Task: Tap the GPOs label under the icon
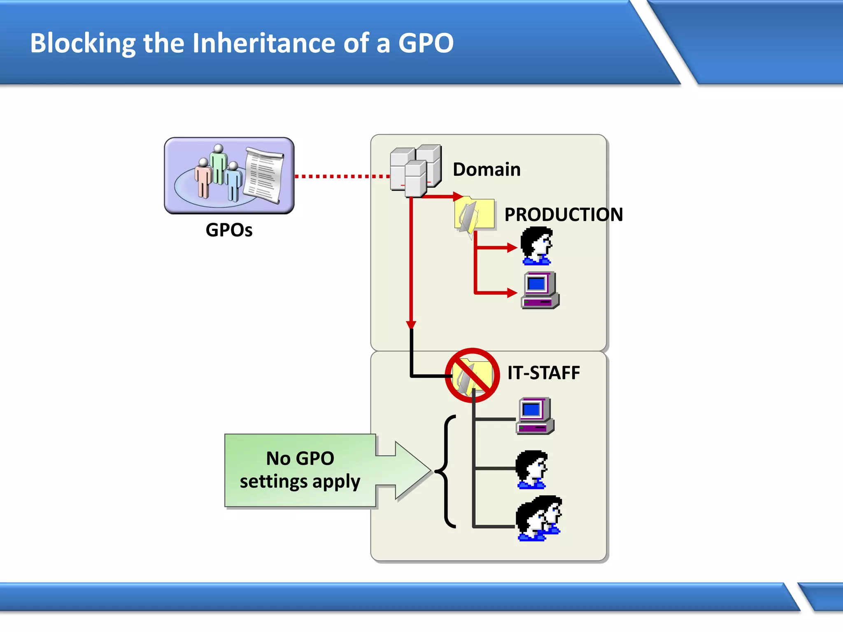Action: pos(229,230)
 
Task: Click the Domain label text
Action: pos(487,170)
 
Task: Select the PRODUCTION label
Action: pos(564,214)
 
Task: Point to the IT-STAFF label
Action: pos(543,373)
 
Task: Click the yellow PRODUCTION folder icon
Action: pos(474,214)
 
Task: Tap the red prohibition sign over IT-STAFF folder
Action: pos(472,375)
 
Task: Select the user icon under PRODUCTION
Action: pos(537,246)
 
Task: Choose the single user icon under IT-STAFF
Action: pos(532,469)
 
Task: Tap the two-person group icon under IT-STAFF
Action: pos(539,518)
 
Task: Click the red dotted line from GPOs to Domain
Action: pos(342,176)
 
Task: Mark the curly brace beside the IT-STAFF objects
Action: pos(447,471)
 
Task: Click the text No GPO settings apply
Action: pos(300,470)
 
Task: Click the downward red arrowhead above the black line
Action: pos(411,325)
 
